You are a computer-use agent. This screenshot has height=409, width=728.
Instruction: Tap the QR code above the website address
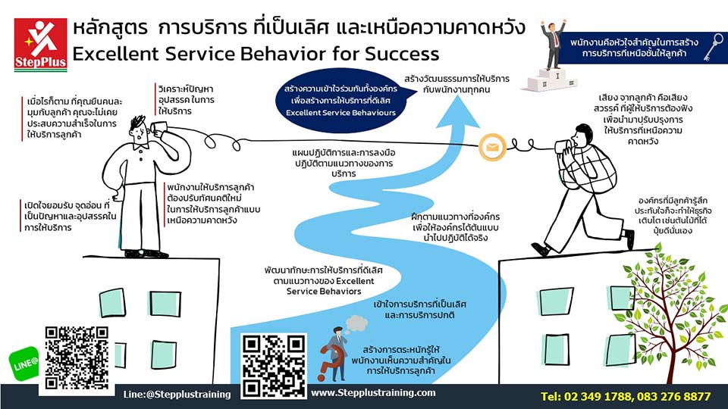pyautogui.click(x=273, y=365)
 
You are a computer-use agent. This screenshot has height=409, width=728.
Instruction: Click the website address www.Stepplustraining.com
pyautogui.click(x=373, y=393)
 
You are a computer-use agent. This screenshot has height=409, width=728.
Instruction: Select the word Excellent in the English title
pyautogui.click(x=115, y=55)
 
